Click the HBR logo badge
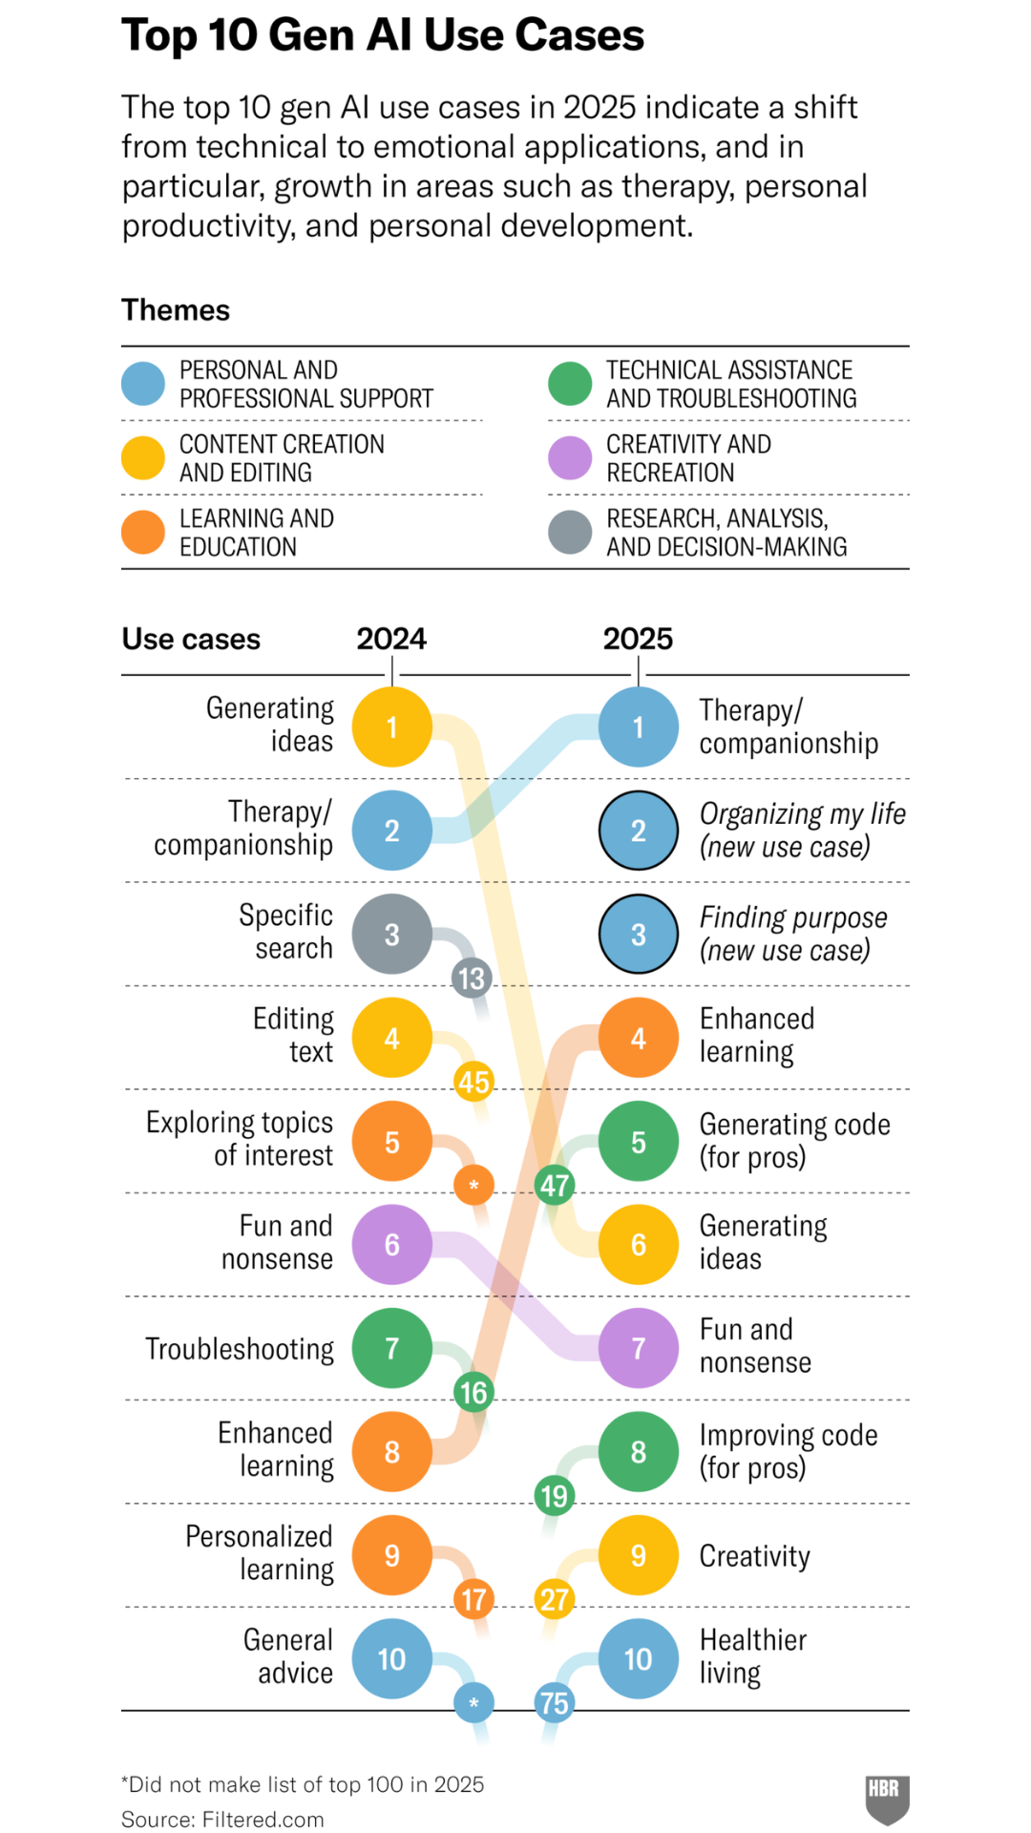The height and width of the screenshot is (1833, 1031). coord(887,1800)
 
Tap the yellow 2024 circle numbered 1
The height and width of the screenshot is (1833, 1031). coord(391,727)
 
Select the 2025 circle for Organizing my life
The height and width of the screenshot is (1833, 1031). coord(639,831)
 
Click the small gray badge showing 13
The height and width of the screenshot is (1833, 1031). coord(472,979)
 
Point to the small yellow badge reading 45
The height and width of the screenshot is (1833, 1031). coord(473,1082)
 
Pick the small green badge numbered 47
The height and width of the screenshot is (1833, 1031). coord(555,1186)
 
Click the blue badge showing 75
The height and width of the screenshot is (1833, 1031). coord(555,1703)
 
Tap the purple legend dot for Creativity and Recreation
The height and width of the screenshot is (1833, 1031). coord(570,458)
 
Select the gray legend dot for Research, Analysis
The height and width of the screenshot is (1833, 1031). coord(570,533)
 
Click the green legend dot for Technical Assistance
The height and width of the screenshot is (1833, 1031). coord(570,384)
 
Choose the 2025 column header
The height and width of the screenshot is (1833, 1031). coord(638,639)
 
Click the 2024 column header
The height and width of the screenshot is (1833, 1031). coord(391,639)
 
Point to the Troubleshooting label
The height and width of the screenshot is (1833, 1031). coord(240,1349)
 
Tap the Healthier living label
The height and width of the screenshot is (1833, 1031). coord(753,1656)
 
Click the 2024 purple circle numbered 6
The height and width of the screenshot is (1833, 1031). coord(391,1245)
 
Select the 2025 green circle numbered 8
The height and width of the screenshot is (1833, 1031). coord(639,1452)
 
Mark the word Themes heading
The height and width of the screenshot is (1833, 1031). coord(176,310)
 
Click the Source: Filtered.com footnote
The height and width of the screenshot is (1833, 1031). coord(222,1820)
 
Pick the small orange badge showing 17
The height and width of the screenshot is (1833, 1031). coord(473,1599)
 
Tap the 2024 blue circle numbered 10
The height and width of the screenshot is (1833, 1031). coord(391,1659)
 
